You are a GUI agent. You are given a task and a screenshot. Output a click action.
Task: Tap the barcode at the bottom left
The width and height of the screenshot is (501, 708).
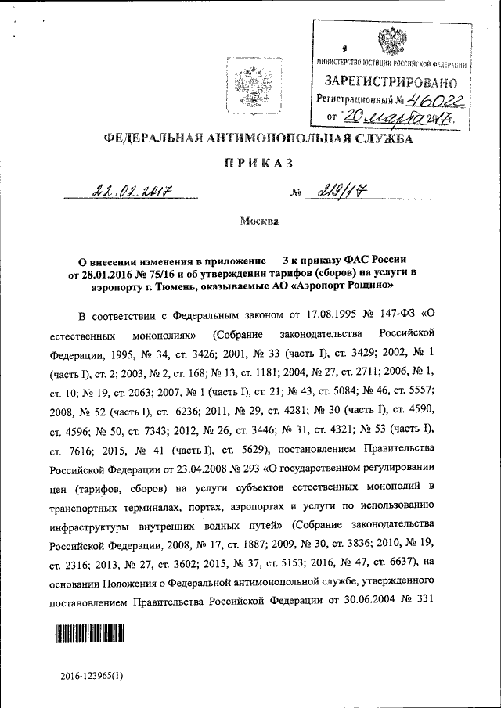coord(90,632)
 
